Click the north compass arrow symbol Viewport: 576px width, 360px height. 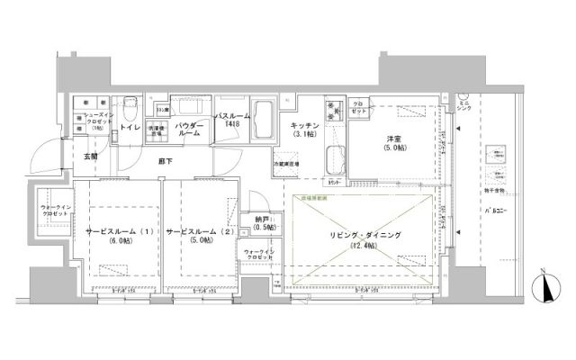pyautogui.click(x=546, y=287)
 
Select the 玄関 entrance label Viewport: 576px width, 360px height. pyautogui.click(x=92, y=157)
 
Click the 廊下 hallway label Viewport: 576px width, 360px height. pyautogui.click(x=165, y=161)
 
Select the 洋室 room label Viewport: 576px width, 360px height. pyautogui.click(x=394, y=138)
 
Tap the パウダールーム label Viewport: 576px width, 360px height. pyautogui.click(x=188, y=128)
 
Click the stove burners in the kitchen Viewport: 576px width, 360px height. pyautogui.click(x=335, y=111)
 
